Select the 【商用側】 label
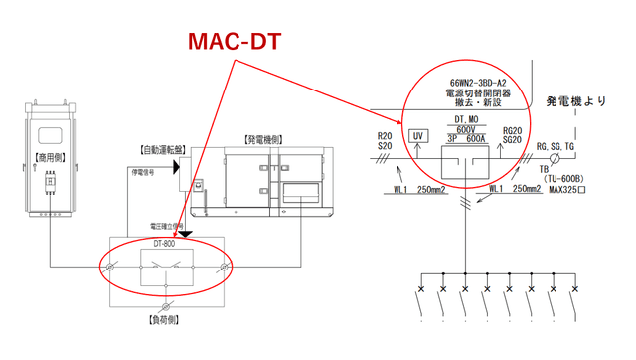47,156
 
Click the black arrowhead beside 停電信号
175,165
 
